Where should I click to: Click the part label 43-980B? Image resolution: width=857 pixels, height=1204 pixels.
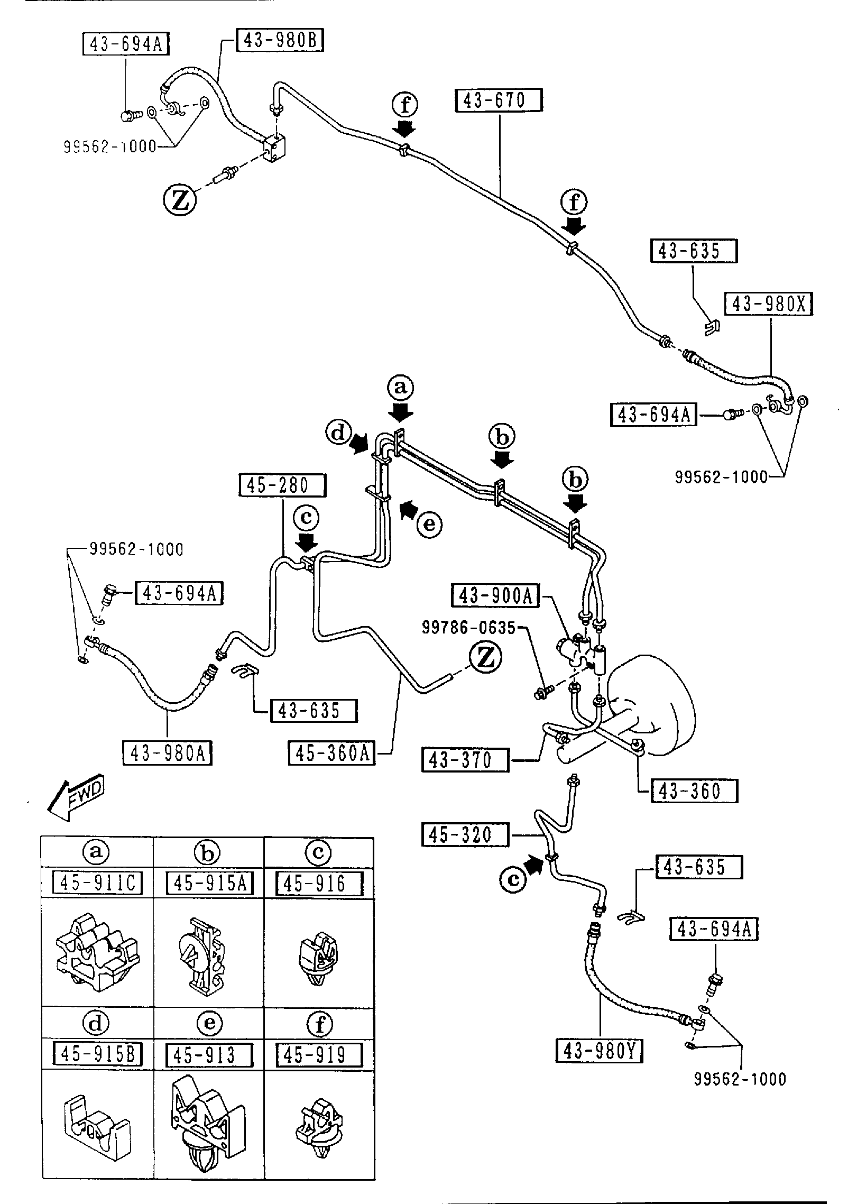pos(280,41)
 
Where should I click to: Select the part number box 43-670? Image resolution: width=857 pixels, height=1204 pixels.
pos(499,100)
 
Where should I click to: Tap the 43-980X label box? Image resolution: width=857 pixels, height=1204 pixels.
pos(768,304)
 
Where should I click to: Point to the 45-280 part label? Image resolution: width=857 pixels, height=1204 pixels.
pos(282,485)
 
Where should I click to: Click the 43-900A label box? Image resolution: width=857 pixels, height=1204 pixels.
pos(495,596)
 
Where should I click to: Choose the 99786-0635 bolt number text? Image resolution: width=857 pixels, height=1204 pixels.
pos(468,628)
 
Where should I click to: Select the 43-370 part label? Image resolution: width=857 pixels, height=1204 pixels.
pos(465,760)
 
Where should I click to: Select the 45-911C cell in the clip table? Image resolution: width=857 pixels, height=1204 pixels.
pos(98,883)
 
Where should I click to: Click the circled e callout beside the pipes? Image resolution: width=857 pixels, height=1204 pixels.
pos(429,525)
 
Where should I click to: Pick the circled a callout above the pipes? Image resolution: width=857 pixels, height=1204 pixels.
pos(400,388)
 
